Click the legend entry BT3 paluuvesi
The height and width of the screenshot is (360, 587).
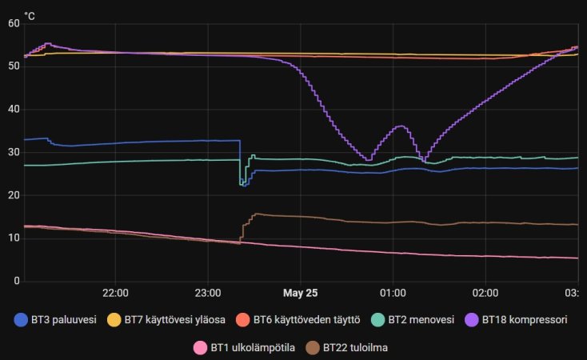[55, 319]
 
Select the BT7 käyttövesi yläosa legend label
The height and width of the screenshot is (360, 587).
[166, 319]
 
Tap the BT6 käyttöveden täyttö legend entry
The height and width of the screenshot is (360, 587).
[298, 319]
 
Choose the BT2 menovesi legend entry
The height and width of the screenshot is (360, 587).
[413, 319]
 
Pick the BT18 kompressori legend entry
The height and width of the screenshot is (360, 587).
[516, 319]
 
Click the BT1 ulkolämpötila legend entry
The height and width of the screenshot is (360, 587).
[244, 348]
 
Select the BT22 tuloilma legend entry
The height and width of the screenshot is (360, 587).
[346, 348]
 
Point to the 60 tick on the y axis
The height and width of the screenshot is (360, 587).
[14, 24]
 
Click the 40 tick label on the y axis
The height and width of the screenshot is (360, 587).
[14, 110]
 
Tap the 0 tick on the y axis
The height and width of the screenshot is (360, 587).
[17, 281]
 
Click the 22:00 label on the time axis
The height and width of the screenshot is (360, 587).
[115, 293]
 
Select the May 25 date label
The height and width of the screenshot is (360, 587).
[300, 293]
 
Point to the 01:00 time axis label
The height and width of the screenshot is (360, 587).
[393, 293]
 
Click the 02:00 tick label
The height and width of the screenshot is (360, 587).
[485, 293]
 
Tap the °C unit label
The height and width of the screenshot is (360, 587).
[30, 16]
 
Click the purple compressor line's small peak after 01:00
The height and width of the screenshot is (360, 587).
[401, 126]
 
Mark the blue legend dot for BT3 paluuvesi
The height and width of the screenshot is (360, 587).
[21, 319]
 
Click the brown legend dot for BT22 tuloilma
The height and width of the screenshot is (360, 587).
[313, 348]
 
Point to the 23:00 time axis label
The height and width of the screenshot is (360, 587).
[208, 293]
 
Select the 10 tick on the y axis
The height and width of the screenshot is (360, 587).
[14, 238]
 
